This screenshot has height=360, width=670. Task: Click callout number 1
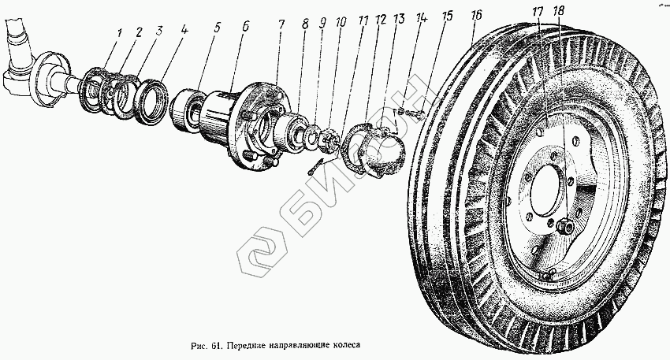[119, 35]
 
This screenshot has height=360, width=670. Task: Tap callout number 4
[184, 33]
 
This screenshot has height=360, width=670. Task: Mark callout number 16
[475, 15]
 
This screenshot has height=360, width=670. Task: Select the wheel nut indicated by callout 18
[564, 226]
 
